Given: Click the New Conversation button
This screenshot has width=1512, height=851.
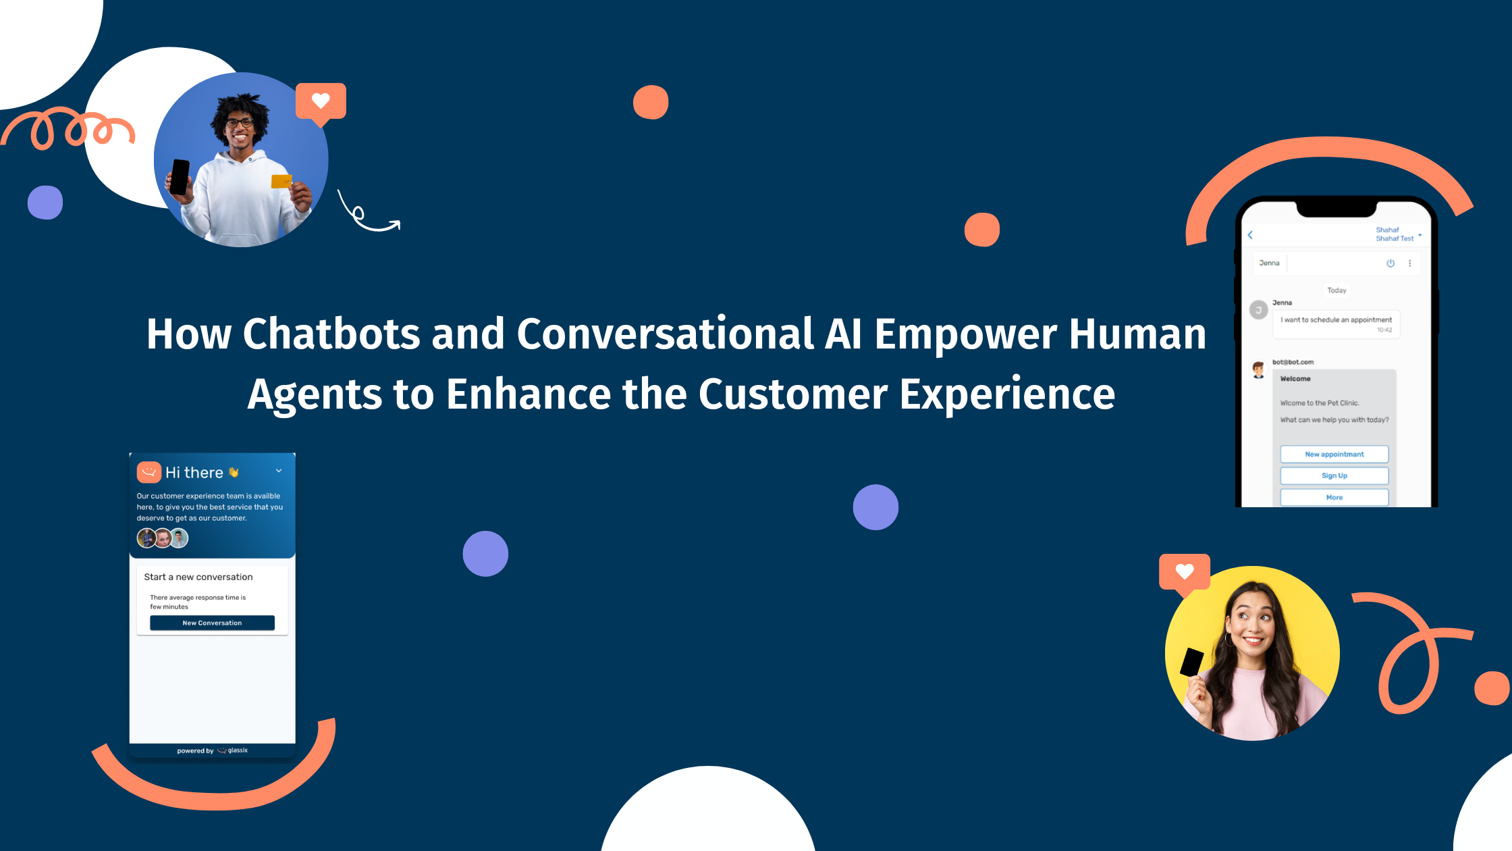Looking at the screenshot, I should [212, 623].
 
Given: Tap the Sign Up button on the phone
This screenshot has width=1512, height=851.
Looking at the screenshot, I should [1334, 475].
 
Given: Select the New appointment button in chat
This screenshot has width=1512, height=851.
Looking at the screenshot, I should [1334, 454].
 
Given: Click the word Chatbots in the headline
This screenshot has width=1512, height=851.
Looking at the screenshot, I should [331, 334].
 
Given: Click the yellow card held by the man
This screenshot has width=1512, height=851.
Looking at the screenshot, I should [281, 181].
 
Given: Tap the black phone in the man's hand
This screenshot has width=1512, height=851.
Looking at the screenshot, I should [180, 177].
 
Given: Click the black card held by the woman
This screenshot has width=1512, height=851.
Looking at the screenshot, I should [1191, 662].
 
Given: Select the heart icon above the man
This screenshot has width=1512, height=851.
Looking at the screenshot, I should [321, 101].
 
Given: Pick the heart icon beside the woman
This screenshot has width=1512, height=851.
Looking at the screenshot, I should [1184, 571].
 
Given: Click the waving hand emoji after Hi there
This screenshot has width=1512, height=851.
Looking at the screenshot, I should [234, 473].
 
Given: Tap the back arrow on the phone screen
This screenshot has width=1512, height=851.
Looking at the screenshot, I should [1250, 235].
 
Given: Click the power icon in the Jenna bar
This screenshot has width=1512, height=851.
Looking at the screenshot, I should [1390, 263].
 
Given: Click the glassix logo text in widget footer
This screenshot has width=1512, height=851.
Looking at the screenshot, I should [237, 750].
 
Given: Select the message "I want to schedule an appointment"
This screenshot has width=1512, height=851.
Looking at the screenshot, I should [1336, 320].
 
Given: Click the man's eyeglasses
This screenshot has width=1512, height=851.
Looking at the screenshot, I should [239, 123].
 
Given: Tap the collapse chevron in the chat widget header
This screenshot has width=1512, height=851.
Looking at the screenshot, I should [279, 471].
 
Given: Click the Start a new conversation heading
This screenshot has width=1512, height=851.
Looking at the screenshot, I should [198, 577].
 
